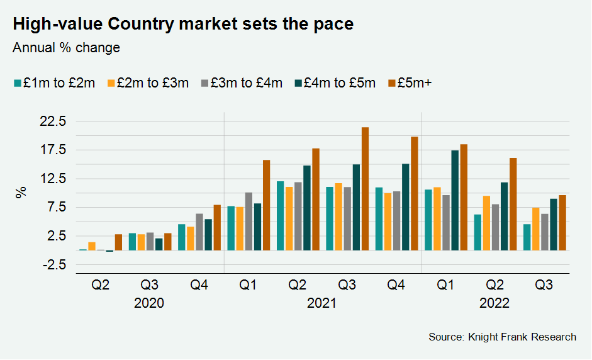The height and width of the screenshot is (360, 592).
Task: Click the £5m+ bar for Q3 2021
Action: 365,189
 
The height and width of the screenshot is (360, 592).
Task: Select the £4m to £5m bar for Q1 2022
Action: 455,200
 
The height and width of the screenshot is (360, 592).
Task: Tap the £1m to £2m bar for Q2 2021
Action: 280,216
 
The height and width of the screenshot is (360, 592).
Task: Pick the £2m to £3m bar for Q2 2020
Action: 92,246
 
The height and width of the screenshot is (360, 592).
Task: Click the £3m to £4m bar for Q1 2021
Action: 249,222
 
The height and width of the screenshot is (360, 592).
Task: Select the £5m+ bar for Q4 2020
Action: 217,228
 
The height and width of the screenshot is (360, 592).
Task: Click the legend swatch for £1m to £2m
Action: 18,83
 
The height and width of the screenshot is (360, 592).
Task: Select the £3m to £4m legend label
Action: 247,83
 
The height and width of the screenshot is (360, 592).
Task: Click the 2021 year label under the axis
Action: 321,303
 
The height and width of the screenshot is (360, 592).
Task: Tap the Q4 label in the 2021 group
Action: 396,285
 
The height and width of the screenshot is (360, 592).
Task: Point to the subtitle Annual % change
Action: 66,48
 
